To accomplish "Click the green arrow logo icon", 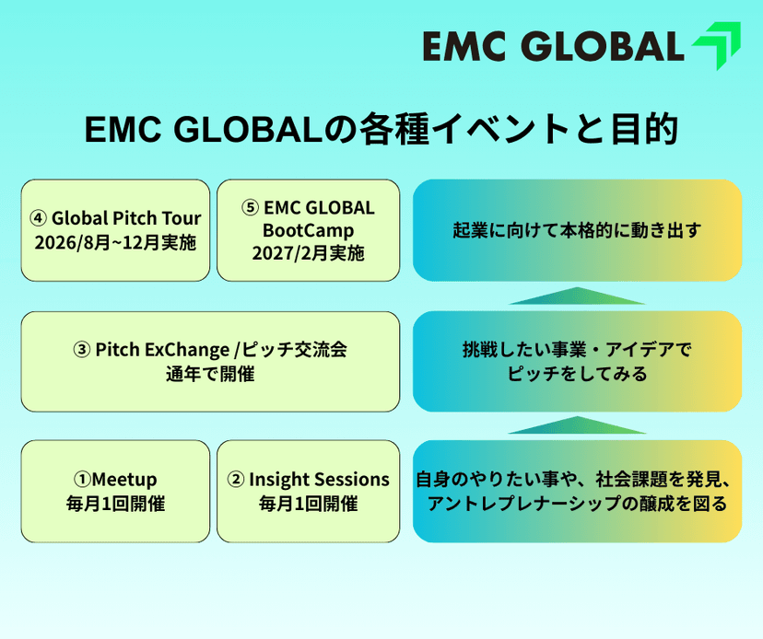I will click(x=716, y=46).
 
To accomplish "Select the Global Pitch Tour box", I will click(x=115, y=230).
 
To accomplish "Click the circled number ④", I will click(x=38, y=219).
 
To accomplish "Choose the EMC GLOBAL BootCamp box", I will click(x=308, y=230).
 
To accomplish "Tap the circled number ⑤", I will click(x=251, y=207).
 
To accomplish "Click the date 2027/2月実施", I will click(x=308, y=252).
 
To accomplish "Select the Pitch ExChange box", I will click(x=210, y=362).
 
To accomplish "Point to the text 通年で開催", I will click(x=210, y=375).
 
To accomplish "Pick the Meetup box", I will click(x=115, y=492).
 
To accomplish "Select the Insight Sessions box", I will click(x=308, y=492).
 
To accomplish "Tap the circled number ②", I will click(x=235, y=480).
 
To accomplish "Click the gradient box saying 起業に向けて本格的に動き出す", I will click(x=577, y=230).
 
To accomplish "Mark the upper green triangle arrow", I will click(x=577, y=296).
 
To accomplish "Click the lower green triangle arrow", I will click(x=577, y=425).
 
